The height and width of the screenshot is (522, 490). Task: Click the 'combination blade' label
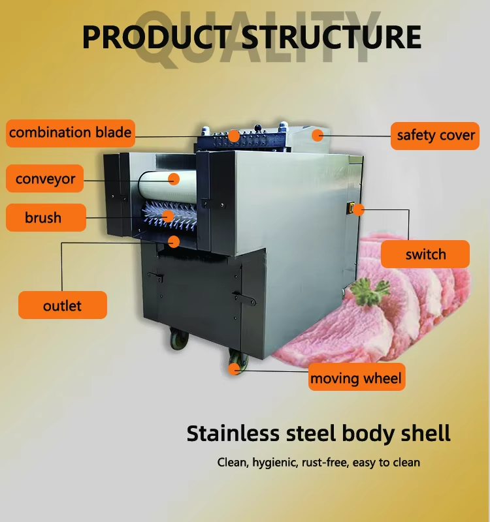(70, 133)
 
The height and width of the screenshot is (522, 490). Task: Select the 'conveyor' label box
(45, 179)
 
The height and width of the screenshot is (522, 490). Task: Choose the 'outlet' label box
(63, 305)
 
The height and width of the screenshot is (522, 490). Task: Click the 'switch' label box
(425, 254)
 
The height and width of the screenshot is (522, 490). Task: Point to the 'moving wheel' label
(356, 378)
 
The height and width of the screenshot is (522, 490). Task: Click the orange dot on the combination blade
(233, 136)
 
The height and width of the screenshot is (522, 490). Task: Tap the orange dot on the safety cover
(318, 136)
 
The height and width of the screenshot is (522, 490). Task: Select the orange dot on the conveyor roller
(174, 178)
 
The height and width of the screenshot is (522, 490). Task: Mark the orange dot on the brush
(168, 216)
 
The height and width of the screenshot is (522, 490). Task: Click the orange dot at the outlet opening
(173, 241)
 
